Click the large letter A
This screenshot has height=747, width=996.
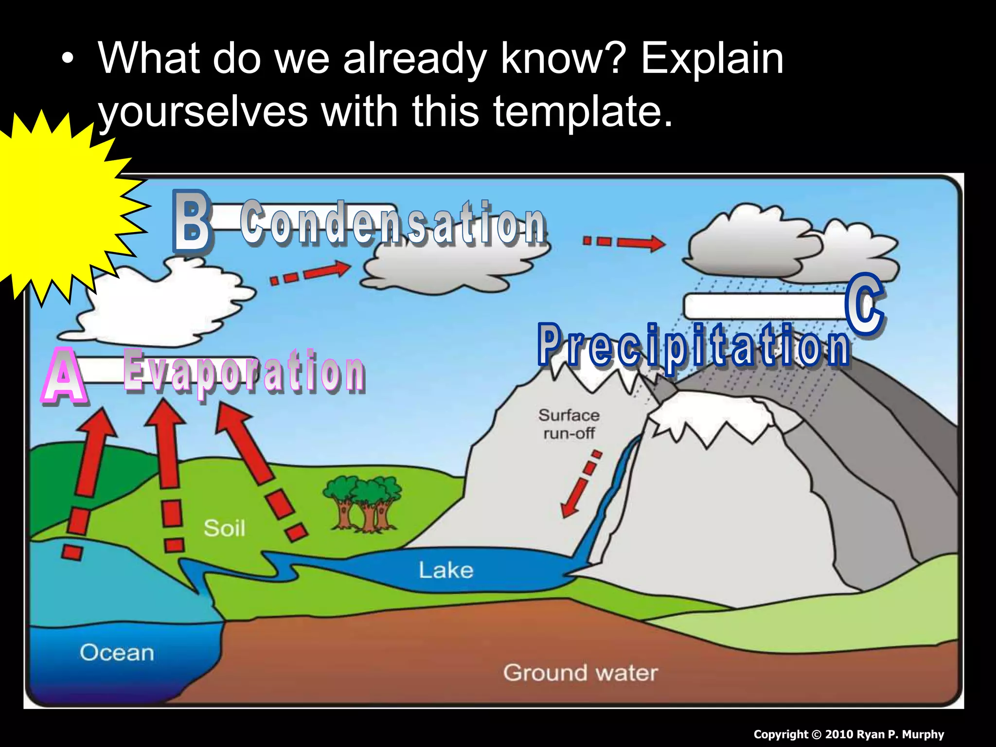coord(65,377)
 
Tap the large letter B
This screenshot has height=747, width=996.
coord(192,221)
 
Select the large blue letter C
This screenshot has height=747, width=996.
coord(864,304)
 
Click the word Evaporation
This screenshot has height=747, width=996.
coord(243,372)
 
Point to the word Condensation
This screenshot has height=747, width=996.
coord(393,223)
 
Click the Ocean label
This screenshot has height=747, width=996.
coord(117,653)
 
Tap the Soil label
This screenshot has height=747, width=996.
coord(224,528)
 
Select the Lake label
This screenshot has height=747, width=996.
coord(445,570)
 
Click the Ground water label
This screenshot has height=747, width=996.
coord(580,673)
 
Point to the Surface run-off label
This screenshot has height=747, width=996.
coord(569,424)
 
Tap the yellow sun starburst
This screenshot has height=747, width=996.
coord(53,204)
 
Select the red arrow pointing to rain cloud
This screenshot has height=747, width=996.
coord(623,242)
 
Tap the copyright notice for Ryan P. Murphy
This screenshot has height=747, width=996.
coord(849,734)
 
